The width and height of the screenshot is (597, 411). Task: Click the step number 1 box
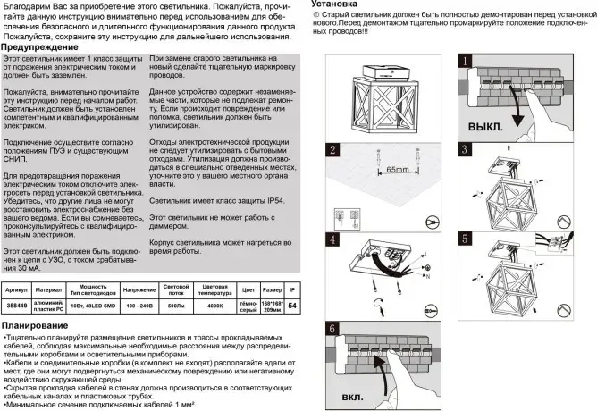click(x=465, y=61)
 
